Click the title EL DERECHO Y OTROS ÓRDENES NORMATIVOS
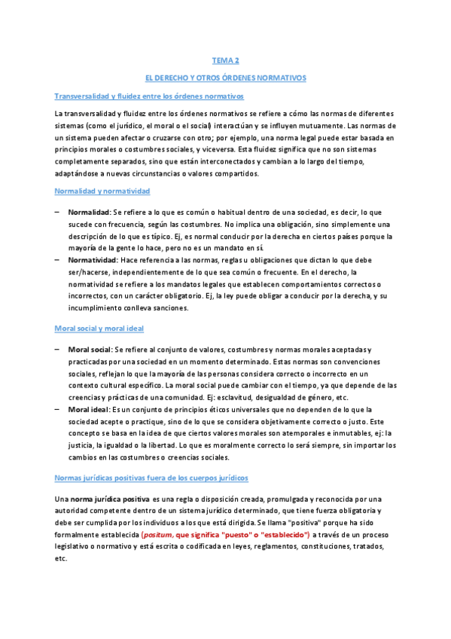(226, 78)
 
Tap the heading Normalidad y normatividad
(102, 192)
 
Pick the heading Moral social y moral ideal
(99, 329)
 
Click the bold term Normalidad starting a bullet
(89, 212)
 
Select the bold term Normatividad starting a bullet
(93, 260)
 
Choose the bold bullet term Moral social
(89, 350)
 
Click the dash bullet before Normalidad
(57, 212)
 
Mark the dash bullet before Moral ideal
(57, 409)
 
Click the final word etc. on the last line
(61, 559)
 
